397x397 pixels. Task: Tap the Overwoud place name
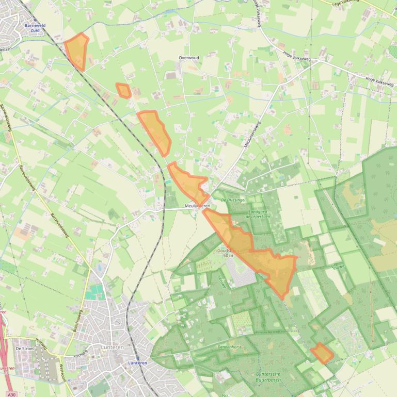(188, 58)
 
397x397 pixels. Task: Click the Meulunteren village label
(197, 206)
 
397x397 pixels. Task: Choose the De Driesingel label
(233, 199)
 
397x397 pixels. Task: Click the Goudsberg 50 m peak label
(228, 253)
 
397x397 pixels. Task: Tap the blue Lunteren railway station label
(137, 363)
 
